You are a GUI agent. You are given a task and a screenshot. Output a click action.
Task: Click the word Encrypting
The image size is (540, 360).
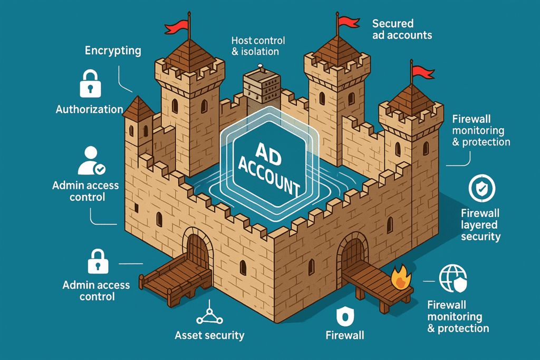(x=113, y=51)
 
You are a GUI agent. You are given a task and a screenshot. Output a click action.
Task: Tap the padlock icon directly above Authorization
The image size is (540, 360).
(x=90, y=84)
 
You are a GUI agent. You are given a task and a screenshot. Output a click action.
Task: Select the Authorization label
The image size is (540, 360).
(x=90, y=110)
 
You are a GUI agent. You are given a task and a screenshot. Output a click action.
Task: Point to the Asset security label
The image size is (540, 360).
(x=209, y=335)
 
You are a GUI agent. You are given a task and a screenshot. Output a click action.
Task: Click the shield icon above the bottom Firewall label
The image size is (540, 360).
(x=345, y=316)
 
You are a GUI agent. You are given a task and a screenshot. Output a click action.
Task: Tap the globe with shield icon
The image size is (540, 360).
(x=453, y=278)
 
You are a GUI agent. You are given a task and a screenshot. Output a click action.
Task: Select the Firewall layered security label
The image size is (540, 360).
(x=480, y=225)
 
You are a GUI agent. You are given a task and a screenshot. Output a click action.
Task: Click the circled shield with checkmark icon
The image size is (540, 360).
(x=482, y=188)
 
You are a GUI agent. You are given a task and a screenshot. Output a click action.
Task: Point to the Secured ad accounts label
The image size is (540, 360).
(x=402, y=30)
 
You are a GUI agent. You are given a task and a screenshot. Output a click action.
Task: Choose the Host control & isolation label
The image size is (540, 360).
(x=258, y=46)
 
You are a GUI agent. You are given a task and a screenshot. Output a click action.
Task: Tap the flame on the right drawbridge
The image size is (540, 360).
(x=401, y=277)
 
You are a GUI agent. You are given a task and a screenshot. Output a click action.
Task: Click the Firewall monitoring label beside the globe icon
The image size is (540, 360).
(x=458, y=317)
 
